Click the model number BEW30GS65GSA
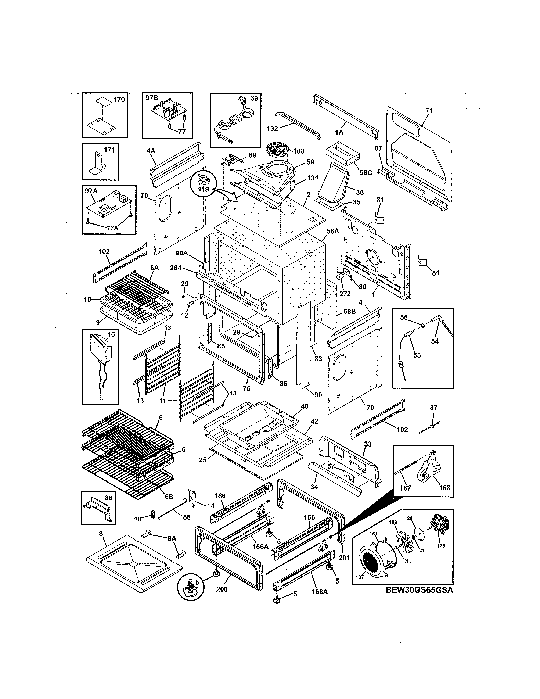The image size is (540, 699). [419, 590]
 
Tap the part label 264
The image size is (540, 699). [176, 268]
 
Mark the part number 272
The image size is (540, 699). [345, 294]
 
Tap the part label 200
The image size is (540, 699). [222, 589]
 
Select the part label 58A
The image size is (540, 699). [333, 231]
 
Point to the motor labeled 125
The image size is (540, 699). [440, 524]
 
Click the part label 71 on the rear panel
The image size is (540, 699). [429, 110]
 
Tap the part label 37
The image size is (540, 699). [433, 407]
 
